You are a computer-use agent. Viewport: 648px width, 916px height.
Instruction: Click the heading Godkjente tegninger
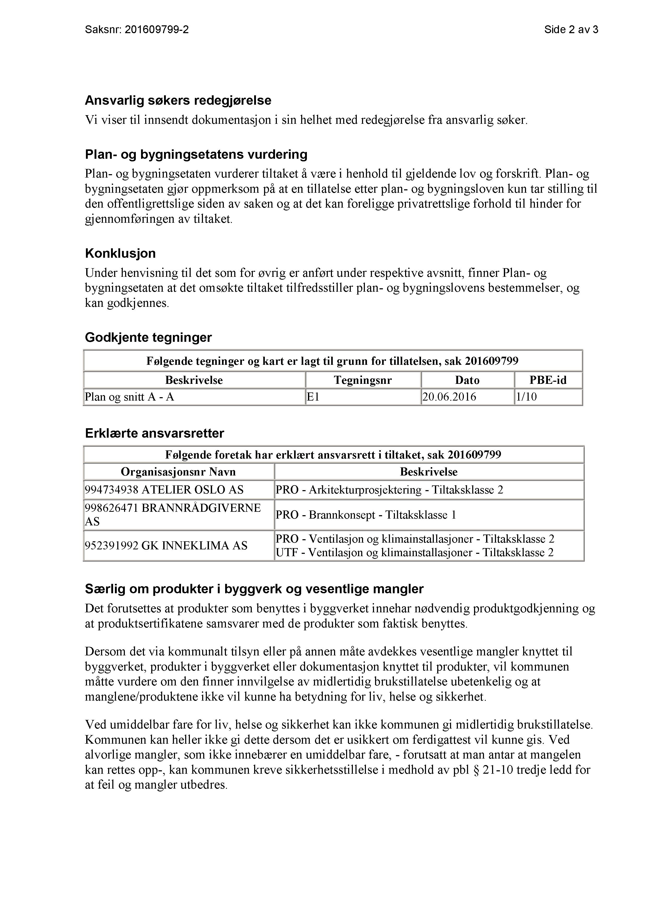148,338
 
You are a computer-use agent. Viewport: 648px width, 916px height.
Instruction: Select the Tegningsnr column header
363,380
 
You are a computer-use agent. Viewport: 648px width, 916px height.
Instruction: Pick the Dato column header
467,380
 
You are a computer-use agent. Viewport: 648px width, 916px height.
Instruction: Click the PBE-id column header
548,380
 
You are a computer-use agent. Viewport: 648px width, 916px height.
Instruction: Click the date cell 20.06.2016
449,397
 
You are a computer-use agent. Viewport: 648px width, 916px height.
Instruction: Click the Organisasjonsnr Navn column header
178,472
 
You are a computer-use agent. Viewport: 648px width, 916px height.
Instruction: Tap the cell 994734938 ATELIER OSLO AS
164,490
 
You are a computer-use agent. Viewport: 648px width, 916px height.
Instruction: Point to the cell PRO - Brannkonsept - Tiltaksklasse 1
365,515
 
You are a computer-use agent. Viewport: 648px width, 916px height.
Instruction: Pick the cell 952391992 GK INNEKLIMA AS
166,546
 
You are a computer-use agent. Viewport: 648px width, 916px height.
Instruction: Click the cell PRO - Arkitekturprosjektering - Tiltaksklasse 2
389,490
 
